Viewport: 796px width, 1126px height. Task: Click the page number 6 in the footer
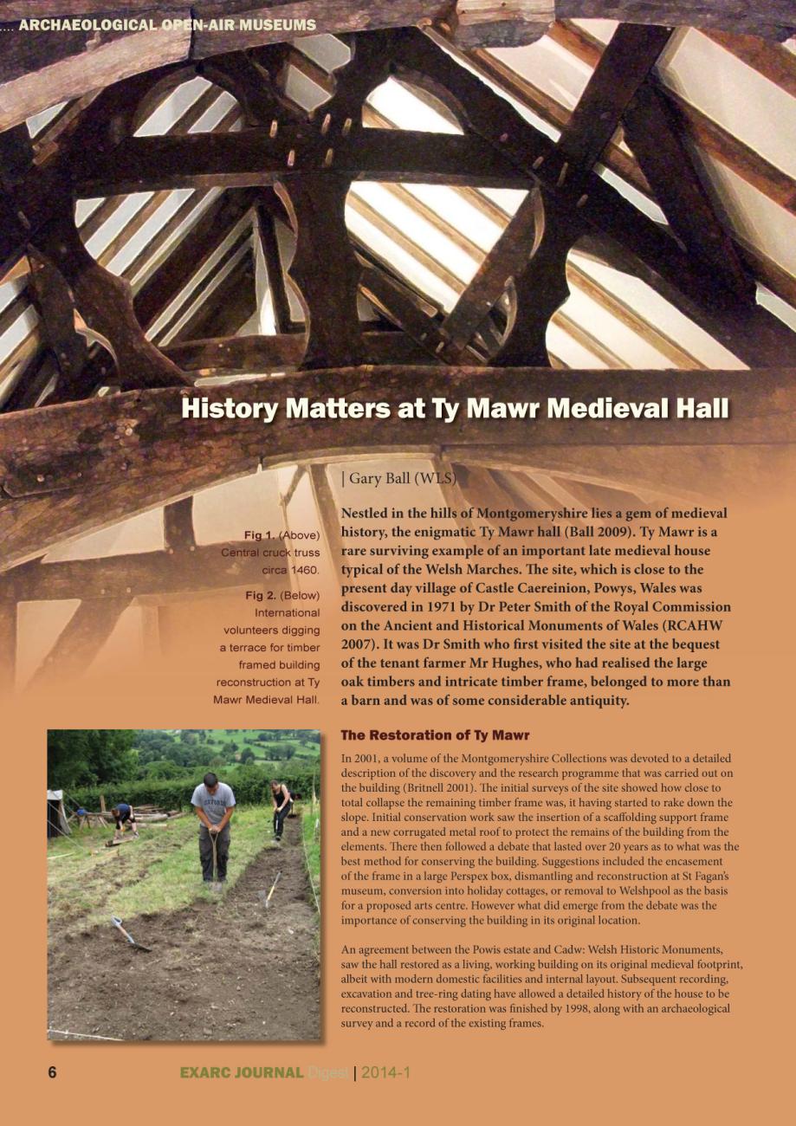[52, 1073]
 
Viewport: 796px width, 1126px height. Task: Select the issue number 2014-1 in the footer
[385, 1073]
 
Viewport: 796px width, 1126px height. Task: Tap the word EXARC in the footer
[207, 1073]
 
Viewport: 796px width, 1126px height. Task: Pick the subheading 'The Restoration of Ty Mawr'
[435, 735]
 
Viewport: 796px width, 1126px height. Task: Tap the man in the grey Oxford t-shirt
[212, 824]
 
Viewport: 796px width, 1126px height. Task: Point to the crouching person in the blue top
[123, 818]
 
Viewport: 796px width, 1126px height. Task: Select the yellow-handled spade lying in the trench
[271, 889]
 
